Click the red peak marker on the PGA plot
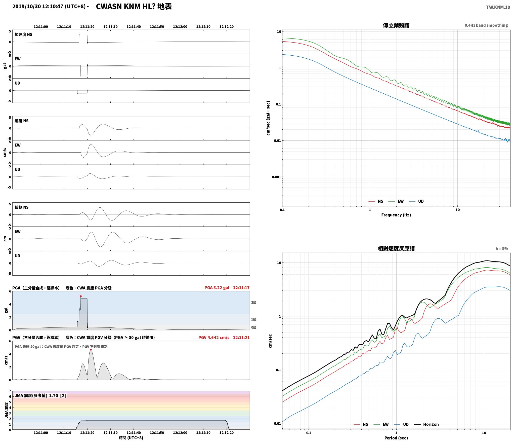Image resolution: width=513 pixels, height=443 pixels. click(81, 296)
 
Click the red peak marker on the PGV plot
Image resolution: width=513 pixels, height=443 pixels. click(91, 350)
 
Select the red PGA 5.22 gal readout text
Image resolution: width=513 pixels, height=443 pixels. click(217, 288)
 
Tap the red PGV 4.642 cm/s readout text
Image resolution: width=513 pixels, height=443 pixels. click(214, 338)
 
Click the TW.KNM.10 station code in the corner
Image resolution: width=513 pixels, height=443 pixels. click(498, 7)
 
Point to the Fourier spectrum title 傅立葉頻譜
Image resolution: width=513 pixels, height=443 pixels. click(396, 25)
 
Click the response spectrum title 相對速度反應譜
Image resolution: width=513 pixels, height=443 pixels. click(396, 248)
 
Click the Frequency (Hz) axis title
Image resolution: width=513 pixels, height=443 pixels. click(396, 215)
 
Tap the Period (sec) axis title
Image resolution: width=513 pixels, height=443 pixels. click(396, 438)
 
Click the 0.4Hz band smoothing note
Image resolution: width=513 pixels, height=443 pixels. click(486, 25)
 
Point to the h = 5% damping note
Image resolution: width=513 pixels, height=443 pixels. click(502, 249)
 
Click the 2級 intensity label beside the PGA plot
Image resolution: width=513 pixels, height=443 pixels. click(253, 302)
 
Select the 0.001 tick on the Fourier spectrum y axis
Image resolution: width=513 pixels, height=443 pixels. click(276, 177)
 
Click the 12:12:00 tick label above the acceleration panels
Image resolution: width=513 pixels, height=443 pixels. click(180, 27)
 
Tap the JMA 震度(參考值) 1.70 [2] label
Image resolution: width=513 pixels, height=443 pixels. click(40, 395)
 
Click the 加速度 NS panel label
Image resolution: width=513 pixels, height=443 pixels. click(23, 34)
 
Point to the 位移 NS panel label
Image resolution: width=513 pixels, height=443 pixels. click(22, 207)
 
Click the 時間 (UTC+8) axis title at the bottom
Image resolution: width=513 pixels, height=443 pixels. click(131, 438)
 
